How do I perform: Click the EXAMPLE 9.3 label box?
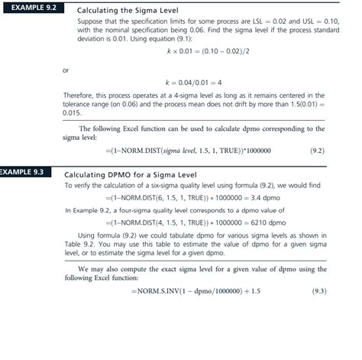pyautogui.click(x=24, y=172)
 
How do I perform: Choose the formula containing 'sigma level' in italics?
pyautogui.click(x=188, y=151)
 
